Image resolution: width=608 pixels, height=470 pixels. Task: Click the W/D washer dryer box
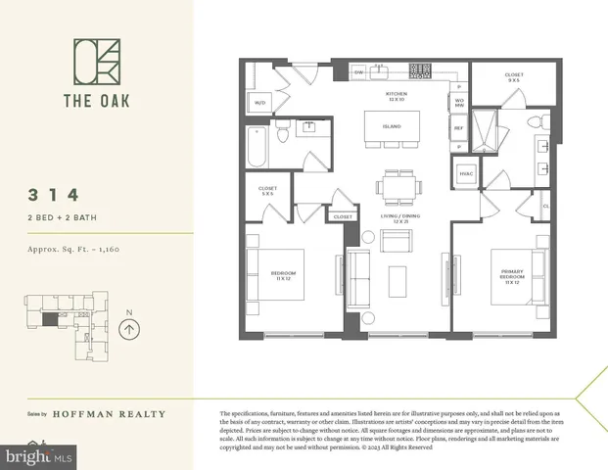(x=260, y=102)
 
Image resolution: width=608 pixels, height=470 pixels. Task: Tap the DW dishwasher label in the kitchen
(x=358, y=71)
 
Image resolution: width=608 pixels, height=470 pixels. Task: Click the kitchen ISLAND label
(x=393, y=126)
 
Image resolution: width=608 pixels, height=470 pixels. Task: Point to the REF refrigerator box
(x=458, y=127)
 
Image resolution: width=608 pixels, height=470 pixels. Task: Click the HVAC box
(x=466, y=174)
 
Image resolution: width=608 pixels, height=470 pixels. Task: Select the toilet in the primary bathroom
(x=535, y=121)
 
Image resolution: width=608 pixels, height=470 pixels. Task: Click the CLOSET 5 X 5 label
(x=267, y=191)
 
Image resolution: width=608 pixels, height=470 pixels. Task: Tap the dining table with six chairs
(x=401, y=185)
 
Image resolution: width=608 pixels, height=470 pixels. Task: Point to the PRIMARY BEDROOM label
(x=512, y=277)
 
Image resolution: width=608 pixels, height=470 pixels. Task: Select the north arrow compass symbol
(x=130, y=329)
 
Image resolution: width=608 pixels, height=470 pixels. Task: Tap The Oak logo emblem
(x=95, y=62)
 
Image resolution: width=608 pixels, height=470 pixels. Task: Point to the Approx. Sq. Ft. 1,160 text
(x=74, y=250)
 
